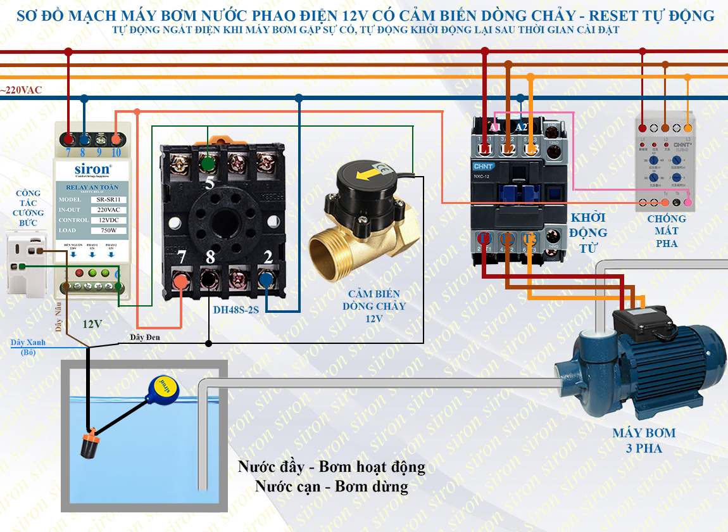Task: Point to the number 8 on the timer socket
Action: tap(210, 258)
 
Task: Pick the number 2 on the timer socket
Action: tap(268, 257)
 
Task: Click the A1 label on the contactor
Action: tap(495, 127)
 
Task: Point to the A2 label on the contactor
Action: tap(522, 127)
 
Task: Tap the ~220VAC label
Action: tap(21, 91)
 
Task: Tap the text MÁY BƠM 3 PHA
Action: tap(644, 441)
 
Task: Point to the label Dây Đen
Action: tap(145, 337)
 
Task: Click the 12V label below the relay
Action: tap(92, 324)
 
